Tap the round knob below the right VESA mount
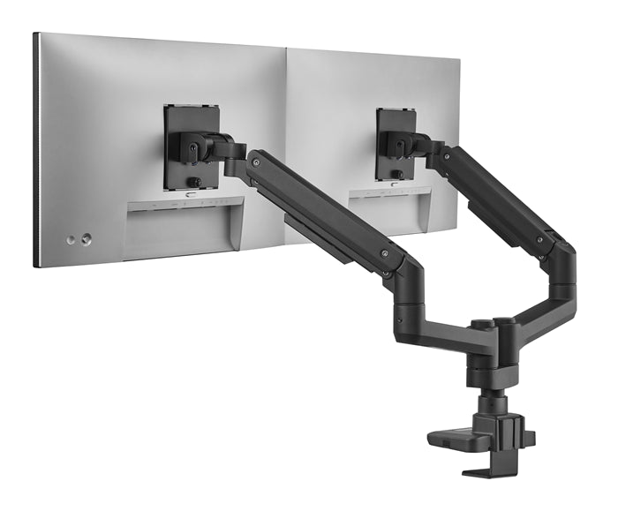pos(397,174)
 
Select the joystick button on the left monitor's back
pos(86,238)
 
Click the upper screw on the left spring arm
pos(254,163)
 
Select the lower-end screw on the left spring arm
pos(384,253)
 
